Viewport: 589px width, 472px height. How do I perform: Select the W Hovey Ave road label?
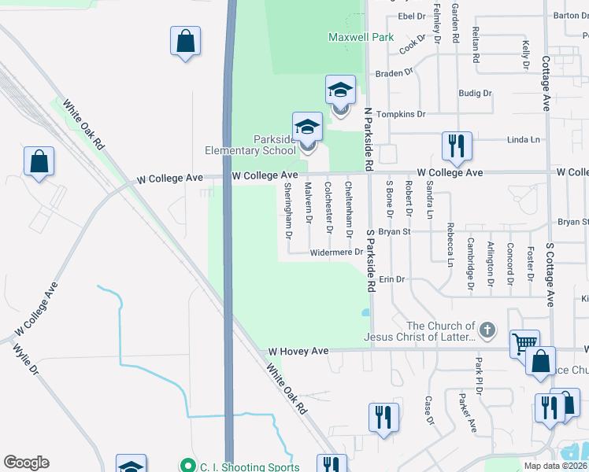[x=298, y=351]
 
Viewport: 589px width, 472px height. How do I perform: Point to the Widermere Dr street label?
[x=335, y=253]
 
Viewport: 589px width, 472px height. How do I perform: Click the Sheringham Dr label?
[x=288, y=210]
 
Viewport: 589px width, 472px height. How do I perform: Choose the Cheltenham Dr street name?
[x=349, y=208]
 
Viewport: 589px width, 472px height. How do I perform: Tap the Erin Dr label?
[x=391, y=279]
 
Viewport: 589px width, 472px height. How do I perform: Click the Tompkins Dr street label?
[x=401, y=114]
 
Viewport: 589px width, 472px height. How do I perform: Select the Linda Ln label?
[x=524, y=140]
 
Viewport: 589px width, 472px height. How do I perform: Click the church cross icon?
[x=487, y=330]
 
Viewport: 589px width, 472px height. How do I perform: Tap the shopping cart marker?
[x=524, y=343]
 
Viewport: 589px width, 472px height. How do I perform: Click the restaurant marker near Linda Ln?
[x=457, y=145]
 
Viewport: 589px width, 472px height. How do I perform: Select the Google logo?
[x=26, y=463]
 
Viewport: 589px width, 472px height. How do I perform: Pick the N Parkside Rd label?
[x=368, y=140]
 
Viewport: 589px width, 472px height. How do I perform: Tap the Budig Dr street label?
[x=475, y=93]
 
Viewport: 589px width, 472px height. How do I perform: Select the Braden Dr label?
[x=394, y=73]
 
